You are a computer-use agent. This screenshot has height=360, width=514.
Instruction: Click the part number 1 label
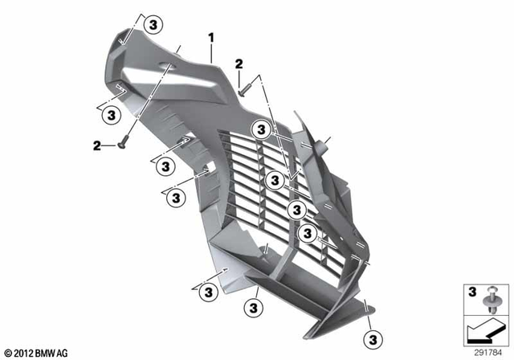coord(211,37)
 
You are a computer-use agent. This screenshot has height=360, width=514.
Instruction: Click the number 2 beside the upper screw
coord(239,63)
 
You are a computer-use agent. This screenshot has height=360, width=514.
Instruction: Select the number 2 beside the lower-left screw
coord(97,145)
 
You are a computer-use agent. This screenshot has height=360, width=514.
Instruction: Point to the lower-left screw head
coord(121,145)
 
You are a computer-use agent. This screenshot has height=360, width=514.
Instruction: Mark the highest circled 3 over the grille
coord(261,129)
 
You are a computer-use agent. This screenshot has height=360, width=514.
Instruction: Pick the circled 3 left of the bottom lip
coord(206,292)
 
